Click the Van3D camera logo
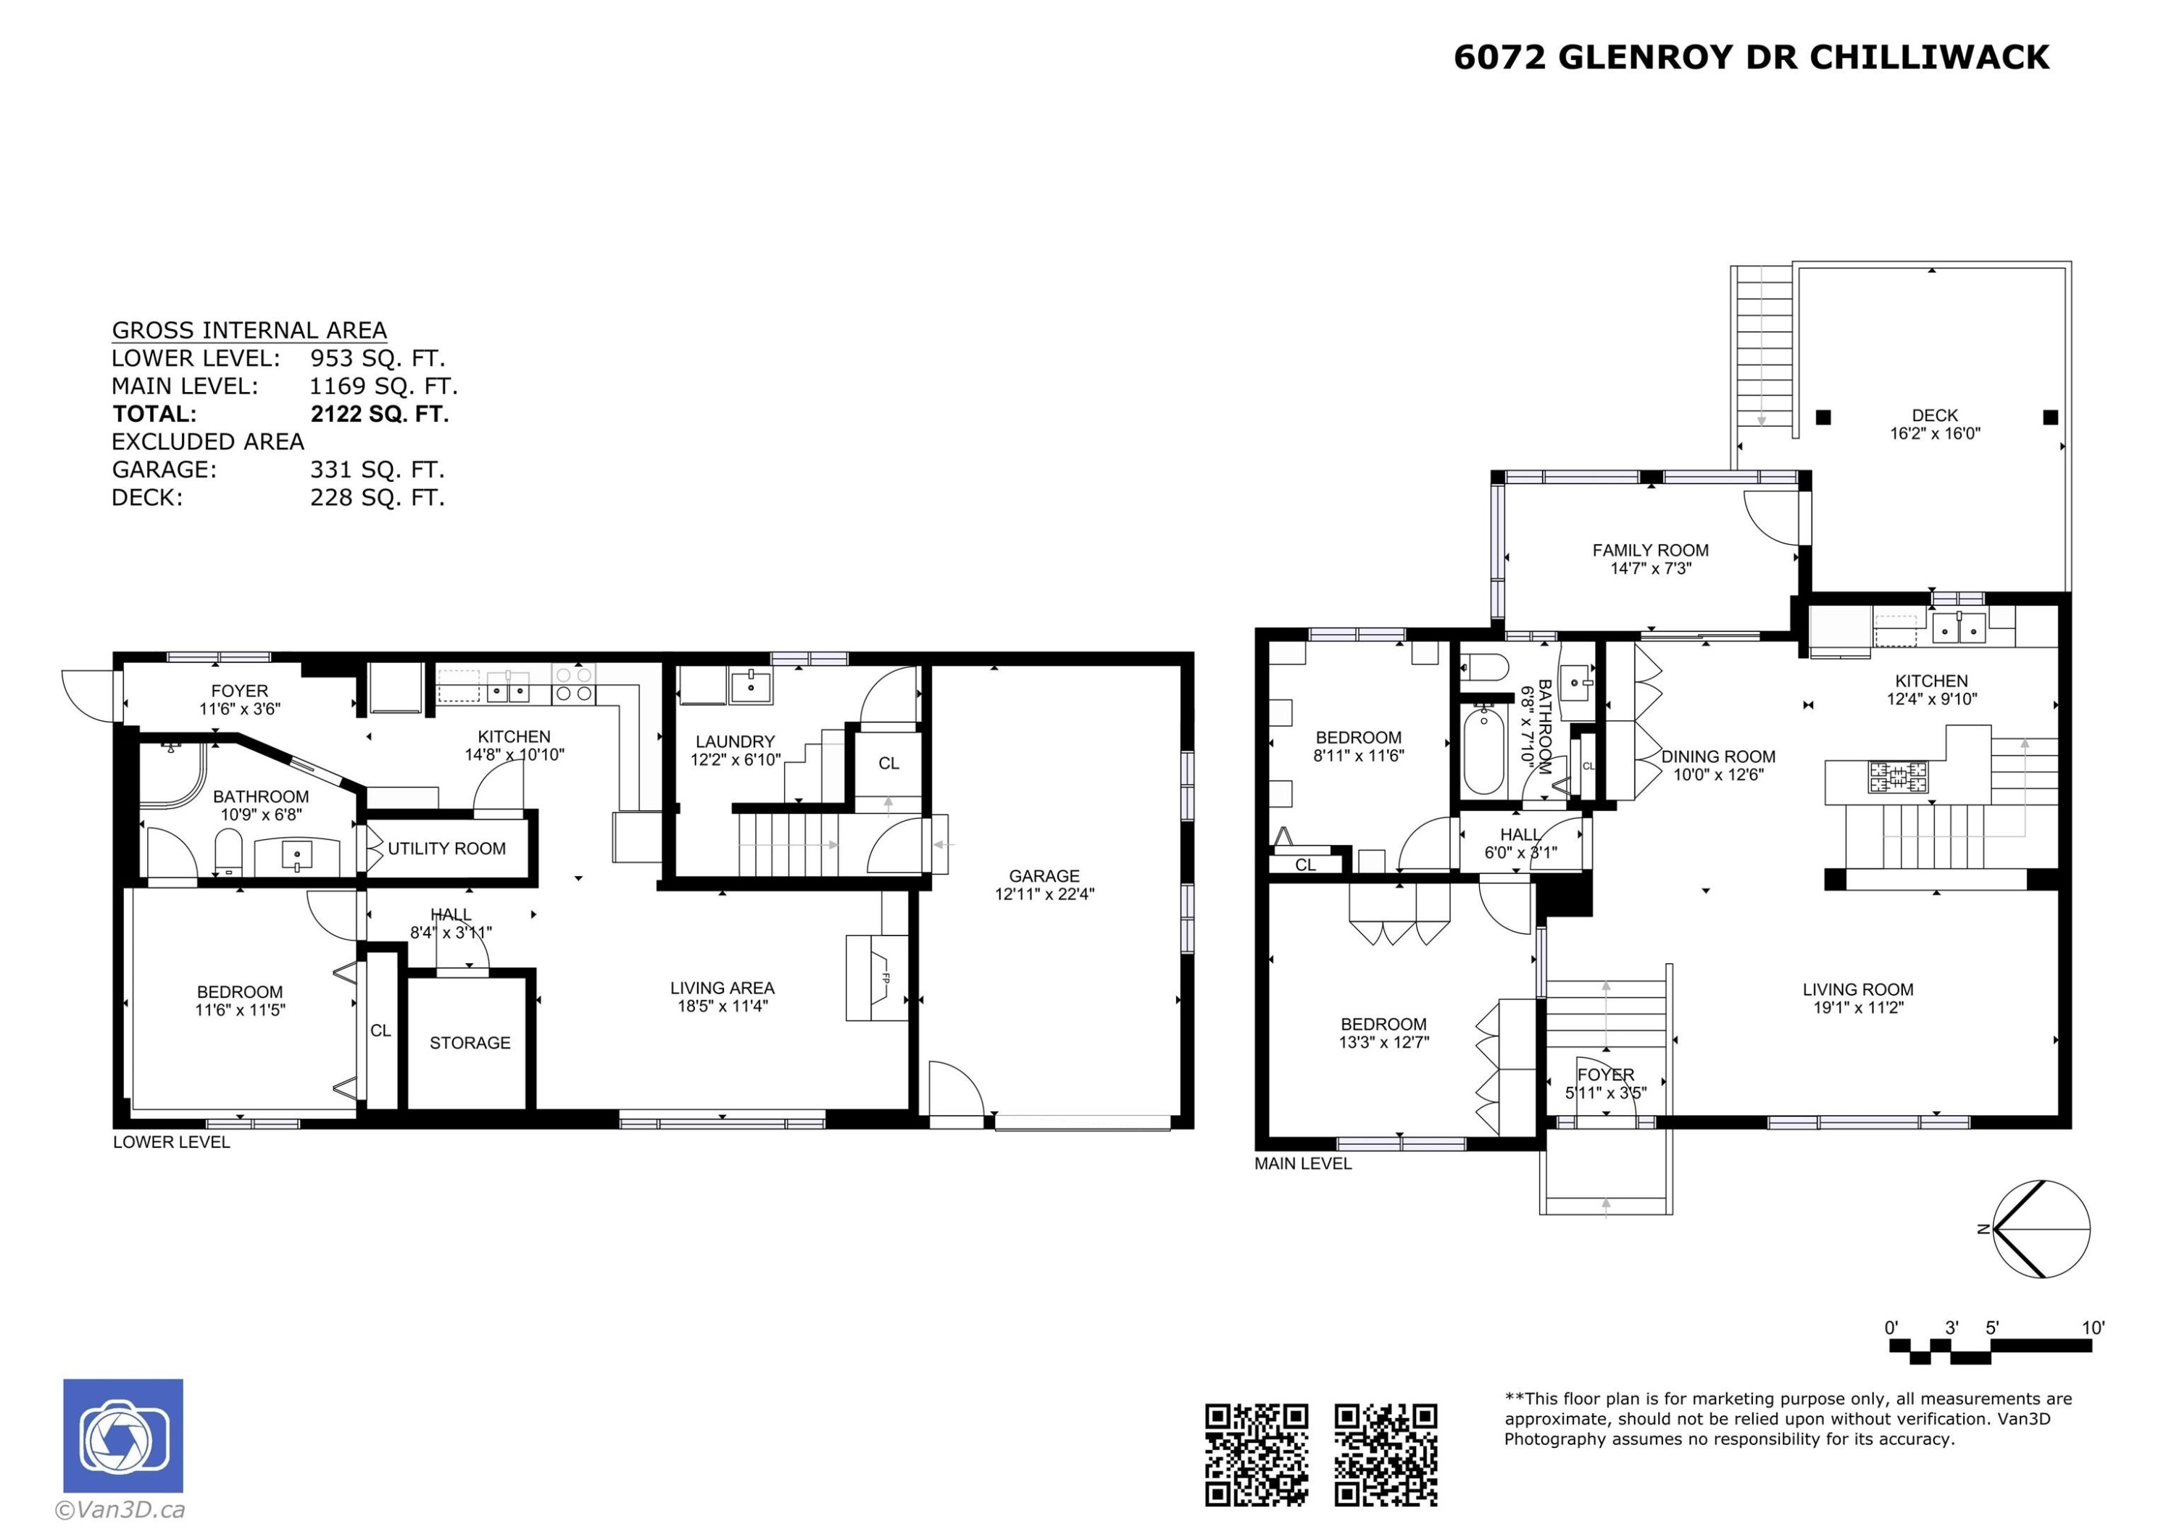pyautogui.click(x=123, y=1435)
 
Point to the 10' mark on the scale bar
pyautogui.click(x=2093, y=1328)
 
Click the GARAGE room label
pyautogui.click(x=1044, y=876)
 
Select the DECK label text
pyautogui.click(x=1934, y=415)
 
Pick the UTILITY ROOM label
pyautogui.click(x=447, y=849)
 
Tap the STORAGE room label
pyautogui.click(x=470, y=1043)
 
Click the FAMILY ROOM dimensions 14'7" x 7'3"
pyautogui.click(x=1650, y=568)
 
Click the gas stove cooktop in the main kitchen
pyautogui.click(x=1897, y=777)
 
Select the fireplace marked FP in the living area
pyautogui.click(x=877, y=978)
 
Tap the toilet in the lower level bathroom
pyautogui.click(x=229, y=851)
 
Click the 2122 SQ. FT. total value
pyautogui.click(x=380, y=414)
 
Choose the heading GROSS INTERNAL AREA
pyautogui.click(x=249, y=330)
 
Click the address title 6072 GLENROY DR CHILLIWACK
pyautogui.click(x=1751, y=58)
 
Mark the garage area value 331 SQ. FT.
pyautogui.click(x=377, y=470)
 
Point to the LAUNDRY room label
pyautogui.click(x=735, y=741)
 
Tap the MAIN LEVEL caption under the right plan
pyautogui.click(x=1303, y=1164)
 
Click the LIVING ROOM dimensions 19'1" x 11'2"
pyautogui.click(x=1858, y=1007)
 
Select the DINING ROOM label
pyautogui.click(x=1719, y=757)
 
